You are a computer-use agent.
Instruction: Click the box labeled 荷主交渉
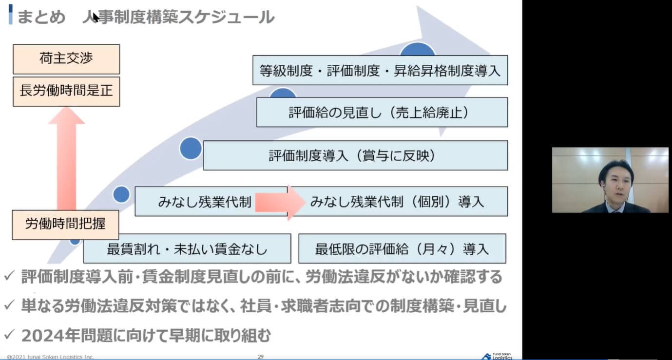click(x=66, y=59)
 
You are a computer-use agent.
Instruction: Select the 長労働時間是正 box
click(x=66, y=91)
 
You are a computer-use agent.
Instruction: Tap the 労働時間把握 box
click(x=65, y=224)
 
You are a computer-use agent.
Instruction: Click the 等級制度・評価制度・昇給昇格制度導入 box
click(x=380, y=71)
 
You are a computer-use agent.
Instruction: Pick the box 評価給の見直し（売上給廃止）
click(x=382, y=113)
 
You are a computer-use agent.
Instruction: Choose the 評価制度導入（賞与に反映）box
click(x=355, y=155)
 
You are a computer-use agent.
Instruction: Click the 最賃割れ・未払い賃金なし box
click(x=187, y=249)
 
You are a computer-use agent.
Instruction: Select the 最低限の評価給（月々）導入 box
click(x=402, y=249)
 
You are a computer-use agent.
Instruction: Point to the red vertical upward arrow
click(x=66, y=156)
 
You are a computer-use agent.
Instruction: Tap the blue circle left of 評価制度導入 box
click(x=190, y=149)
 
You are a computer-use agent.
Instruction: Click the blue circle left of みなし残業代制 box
click(x=121, y=194)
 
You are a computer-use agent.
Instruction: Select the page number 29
click(x=261, y=357)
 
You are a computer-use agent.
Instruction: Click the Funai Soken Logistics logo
click(x=497, y=356)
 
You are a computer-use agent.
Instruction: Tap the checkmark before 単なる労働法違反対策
click(x=9, y=305)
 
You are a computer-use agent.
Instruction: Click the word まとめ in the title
click(x=41, y=18)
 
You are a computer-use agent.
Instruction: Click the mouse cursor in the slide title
click(x=96, y=18)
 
